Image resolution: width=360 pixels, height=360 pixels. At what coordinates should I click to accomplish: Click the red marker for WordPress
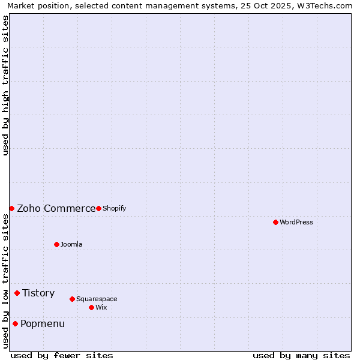click(x=275, y=222)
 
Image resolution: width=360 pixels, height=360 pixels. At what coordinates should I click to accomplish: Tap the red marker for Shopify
click(x=98, y=208)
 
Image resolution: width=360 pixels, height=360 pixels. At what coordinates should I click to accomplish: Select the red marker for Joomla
click(x=56, y=244)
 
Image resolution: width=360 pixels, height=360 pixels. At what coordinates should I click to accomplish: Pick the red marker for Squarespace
click(x=72, y=299)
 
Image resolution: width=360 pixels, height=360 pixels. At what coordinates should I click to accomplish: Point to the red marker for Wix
click(x=91, y=307)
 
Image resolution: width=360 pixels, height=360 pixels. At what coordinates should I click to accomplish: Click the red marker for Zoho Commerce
click(x=11, y=208)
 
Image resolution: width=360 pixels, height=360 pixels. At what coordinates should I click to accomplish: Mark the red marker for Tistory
click(x=17, y=293)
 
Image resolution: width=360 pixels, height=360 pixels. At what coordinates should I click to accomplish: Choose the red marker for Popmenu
click(x=15, y=323)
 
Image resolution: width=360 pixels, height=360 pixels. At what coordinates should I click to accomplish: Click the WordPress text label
click(x=296, y=222)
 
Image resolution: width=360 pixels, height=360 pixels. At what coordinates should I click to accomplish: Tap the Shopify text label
click(x=115, y=208)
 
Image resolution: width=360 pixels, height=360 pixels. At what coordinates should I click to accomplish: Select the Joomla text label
click(x=71, y=244)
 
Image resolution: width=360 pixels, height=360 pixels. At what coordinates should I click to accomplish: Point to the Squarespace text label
click(x=97, y=299)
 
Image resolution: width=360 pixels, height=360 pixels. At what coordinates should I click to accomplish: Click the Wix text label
click(x=101, y=307)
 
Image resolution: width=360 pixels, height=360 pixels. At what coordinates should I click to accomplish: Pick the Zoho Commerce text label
click(x=56, y=208)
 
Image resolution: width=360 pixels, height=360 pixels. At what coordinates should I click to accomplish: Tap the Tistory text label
click(x=38, y=293)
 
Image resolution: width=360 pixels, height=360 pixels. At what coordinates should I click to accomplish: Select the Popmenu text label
click(x=43, y=323)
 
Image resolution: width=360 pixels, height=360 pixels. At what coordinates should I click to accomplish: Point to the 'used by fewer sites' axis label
click(x=62, y=355)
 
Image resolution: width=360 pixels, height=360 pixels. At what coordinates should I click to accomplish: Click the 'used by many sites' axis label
click(x=301, y=355)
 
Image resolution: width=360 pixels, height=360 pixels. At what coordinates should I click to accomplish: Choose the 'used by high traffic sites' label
click(x=6, y=85)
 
